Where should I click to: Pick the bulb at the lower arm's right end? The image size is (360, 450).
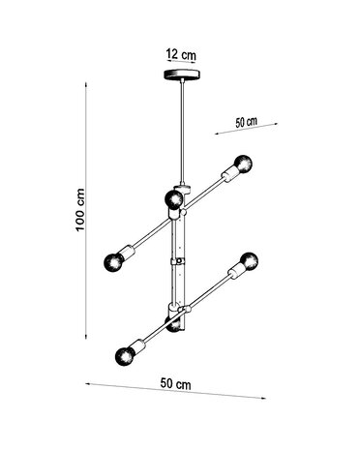point(250,259)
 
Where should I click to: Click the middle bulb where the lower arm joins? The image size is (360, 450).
point(174,325)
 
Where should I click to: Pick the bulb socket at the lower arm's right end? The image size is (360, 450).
point(235,270)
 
